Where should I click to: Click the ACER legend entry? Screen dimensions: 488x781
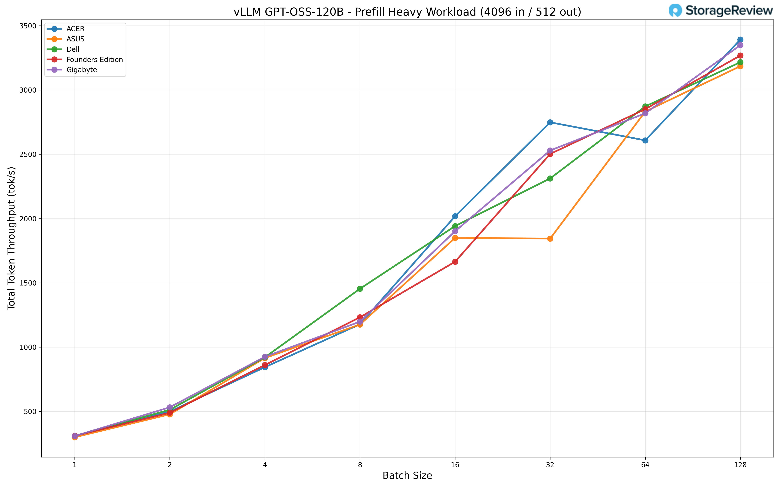(x=75, y=29)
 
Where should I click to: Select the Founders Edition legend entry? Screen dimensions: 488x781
(x=94, y=60)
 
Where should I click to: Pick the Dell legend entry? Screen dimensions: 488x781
(x=73, y=49)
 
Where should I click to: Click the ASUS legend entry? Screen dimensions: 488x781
(x=75, y=39)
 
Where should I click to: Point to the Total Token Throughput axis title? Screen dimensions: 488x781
(x=12, y=238)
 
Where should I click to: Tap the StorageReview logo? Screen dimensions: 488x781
(x=720, y=10)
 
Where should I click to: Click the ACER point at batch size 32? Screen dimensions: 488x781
(x=550, y=122)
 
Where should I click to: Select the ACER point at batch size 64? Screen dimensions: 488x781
(x=645, y=140)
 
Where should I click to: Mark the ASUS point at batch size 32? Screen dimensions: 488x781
(x=550, y=239)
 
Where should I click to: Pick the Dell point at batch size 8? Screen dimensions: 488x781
(x=360, y=289)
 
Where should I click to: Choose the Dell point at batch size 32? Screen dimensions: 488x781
(x=550, y=178)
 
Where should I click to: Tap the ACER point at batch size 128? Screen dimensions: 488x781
(x=740, y=40)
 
